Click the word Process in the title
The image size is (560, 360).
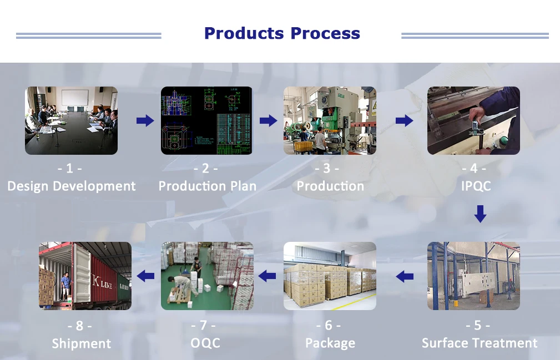(x=325, y=33)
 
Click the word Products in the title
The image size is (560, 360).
(x=244, y=33)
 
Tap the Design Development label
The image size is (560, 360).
(x=72, y=186)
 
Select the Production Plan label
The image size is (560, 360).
(x=208, y=186)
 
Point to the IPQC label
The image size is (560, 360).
(x=476, y=186)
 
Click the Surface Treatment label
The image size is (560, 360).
(x=480, y=343)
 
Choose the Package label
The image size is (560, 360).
(x=330, y=343)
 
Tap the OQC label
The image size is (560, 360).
(x=205, y=343)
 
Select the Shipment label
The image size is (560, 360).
(x=82, y=343)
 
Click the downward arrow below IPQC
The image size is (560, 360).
(x=481, y=214)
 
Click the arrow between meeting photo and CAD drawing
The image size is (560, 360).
(x=145, y=120)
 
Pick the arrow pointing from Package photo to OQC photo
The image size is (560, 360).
(x=267, y=276)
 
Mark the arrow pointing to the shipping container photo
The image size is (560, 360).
(x=145, y=276)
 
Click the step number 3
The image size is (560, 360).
(x=327, y=168)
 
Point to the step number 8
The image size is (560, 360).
(x=79, y=326)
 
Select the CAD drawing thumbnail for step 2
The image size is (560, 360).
(x=206, y=120)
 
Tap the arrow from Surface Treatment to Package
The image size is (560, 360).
(x=405, y=276)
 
